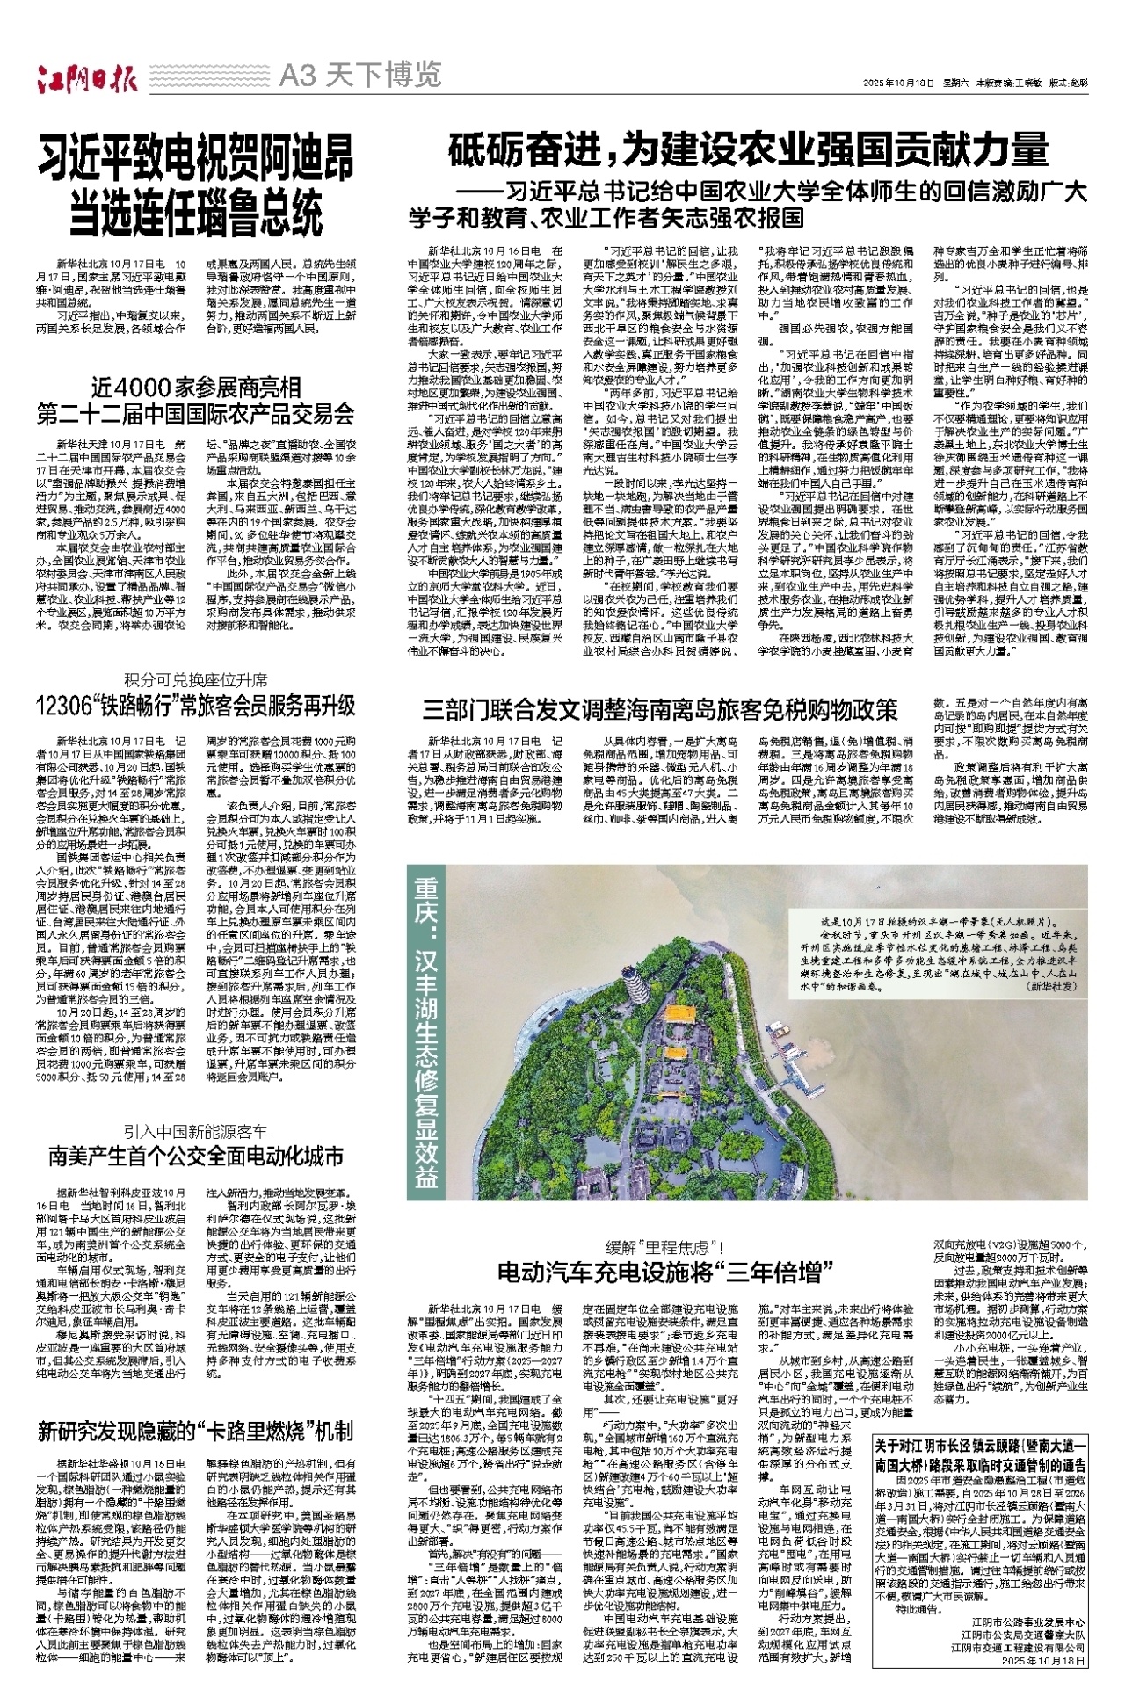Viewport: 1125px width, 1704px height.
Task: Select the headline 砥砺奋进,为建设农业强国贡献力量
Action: [x=748, y=149]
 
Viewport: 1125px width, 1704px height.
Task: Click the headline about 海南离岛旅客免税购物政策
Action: [x=660, y=708]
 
